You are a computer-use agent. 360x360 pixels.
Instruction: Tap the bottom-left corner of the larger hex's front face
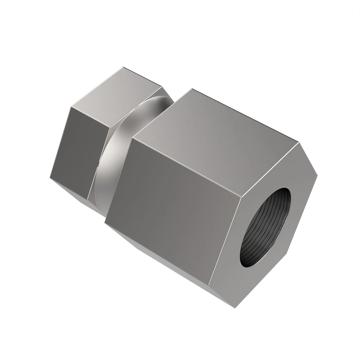(105, 222)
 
